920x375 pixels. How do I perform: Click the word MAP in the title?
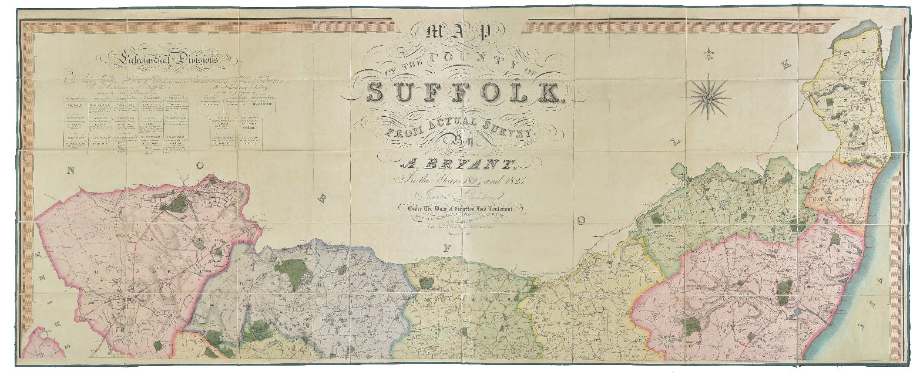462,34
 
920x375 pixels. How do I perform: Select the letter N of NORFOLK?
71,171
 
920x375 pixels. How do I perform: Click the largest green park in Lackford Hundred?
177,204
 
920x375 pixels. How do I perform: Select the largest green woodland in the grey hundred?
290,271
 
